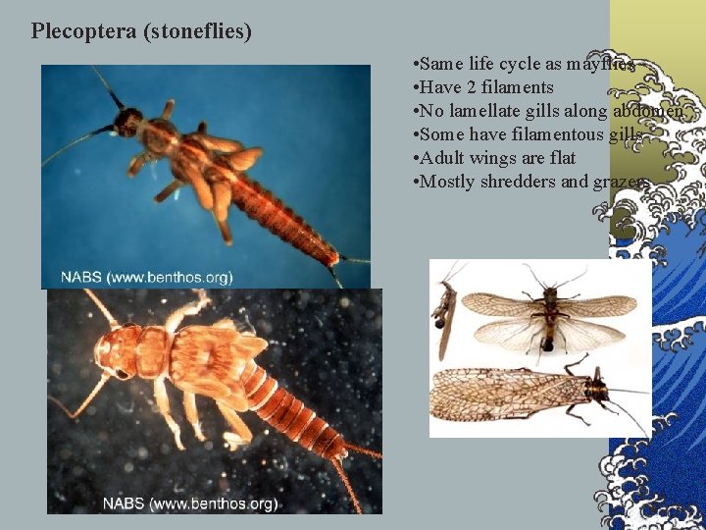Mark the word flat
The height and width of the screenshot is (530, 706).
pyautogui.click(x=561, y=158)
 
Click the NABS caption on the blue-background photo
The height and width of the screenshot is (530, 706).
pyautogui.click(x=147, y=277)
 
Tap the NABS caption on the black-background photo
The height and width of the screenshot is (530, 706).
pyautogui.click(x=190, y=503)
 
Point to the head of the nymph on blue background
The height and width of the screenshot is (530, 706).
pyautogui.click(x=128, y=122)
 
